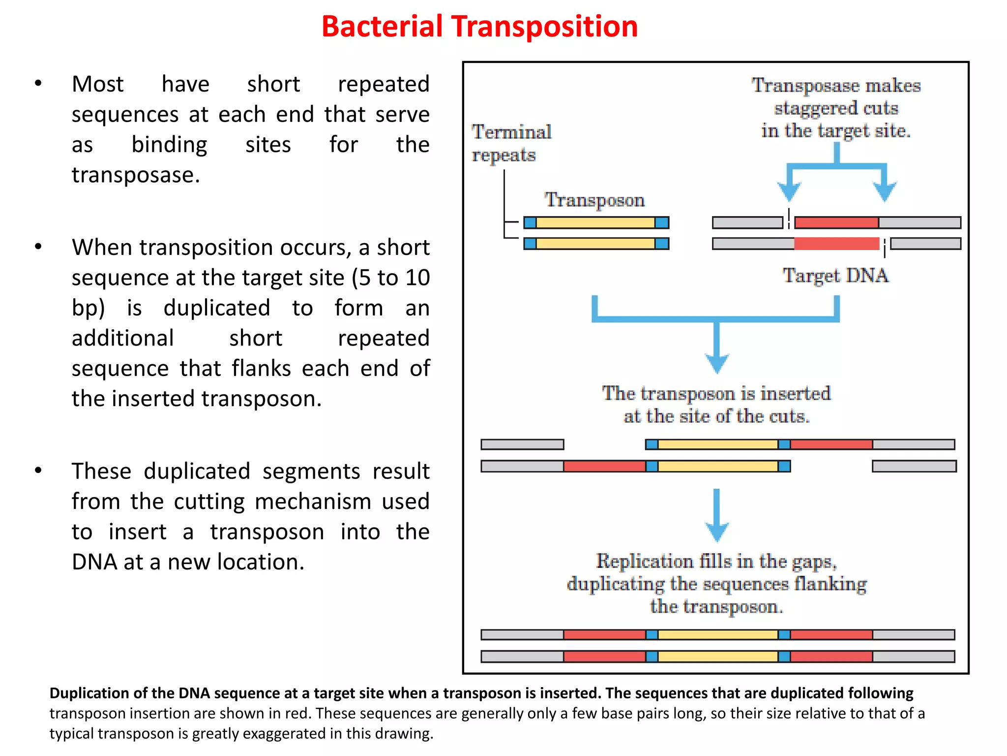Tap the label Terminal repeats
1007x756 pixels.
(511, 143)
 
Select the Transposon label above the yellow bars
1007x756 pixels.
(594, 200)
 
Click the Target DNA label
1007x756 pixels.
(835, 275)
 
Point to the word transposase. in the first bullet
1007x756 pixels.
(136, 175)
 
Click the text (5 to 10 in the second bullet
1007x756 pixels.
(390, 278)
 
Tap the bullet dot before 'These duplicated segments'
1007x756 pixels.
(38, 470)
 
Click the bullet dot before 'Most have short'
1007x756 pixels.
(38, 83)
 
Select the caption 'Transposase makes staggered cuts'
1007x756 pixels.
(835, 108)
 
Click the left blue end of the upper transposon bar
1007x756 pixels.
(530, 223)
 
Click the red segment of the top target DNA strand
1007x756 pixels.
(836, 222)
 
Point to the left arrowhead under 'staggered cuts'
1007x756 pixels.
(789, 191)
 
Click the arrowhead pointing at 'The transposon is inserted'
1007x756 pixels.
(716, 364)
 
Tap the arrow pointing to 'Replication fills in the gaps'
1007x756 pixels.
(716, 517)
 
